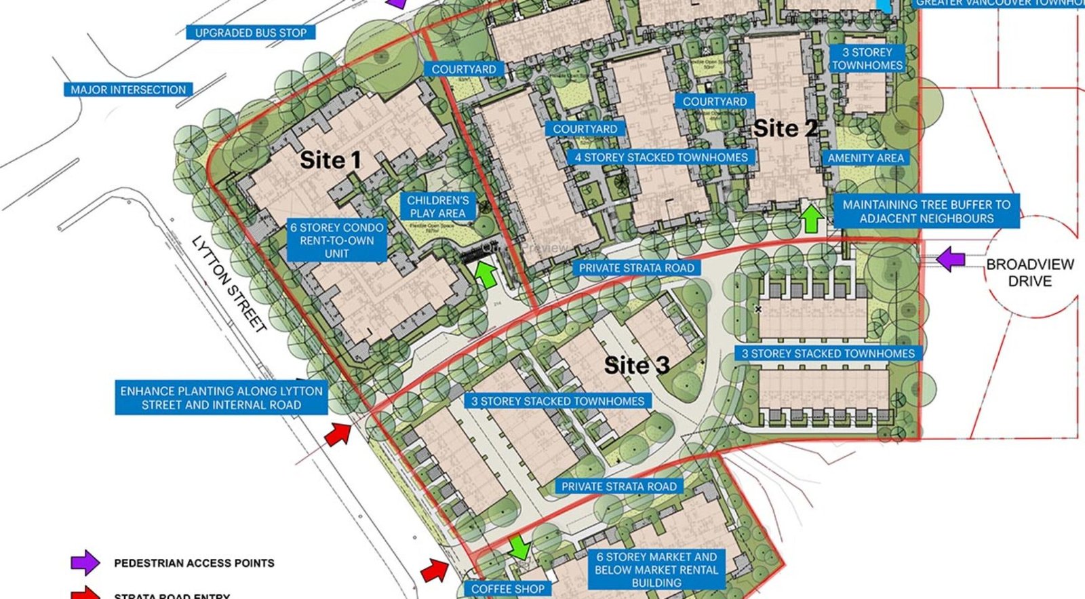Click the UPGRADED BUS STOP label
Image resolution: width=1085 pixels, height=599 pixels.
(251, 33)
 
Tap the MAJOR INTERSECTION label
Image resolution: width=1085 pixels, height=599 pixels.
(128, 90)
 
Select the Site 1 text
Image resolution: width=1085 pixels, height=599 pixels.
(330, 161)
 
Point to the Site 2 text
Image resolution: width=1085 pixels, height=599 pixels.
(785, 128)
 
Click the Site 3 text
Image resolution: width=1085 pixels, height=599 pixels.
(637, 366)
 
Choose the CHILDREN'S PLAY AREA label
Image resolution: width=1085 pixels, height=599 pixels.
(437, 207)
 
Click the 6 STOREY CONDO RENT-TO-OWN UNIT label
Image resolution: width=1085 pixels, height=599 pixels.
(337, 240)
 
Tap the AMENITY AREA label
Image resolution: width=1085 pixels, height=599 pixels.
(865, 158)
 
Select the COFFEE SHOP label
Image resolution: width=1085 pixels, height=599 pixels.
(507, 589)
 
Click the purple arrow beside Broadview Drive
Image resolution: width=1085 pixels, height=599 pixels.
(951, 258)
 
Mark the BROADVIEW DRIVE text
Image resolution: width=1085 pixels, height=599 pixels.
(1029, 273)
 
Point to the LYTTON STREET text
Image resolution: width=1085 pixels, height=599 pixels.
(229, 284)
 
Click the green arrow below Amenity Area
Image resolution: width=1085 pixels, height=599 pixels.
(812, 218)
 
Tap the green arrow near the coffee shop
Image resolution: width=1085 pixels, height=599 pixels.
(519, 547)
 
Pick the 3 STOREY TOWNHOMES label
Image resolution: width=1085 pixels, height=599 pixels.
(867, 59)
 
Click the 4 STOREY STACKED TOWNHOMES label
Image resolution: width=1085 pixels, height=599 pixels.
(661, 157)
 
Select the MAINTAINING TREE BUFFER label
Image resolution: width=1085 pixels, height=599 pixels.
(926, 212)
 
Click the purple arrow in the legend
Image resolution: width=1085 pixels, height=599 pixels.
(85, 563)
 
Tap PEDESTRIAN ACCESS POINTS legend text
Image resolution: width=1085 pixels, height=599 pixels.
(194, 563)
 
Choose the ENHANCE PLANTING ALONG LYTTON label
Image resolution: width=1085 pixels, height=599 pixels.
(221, 398)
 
